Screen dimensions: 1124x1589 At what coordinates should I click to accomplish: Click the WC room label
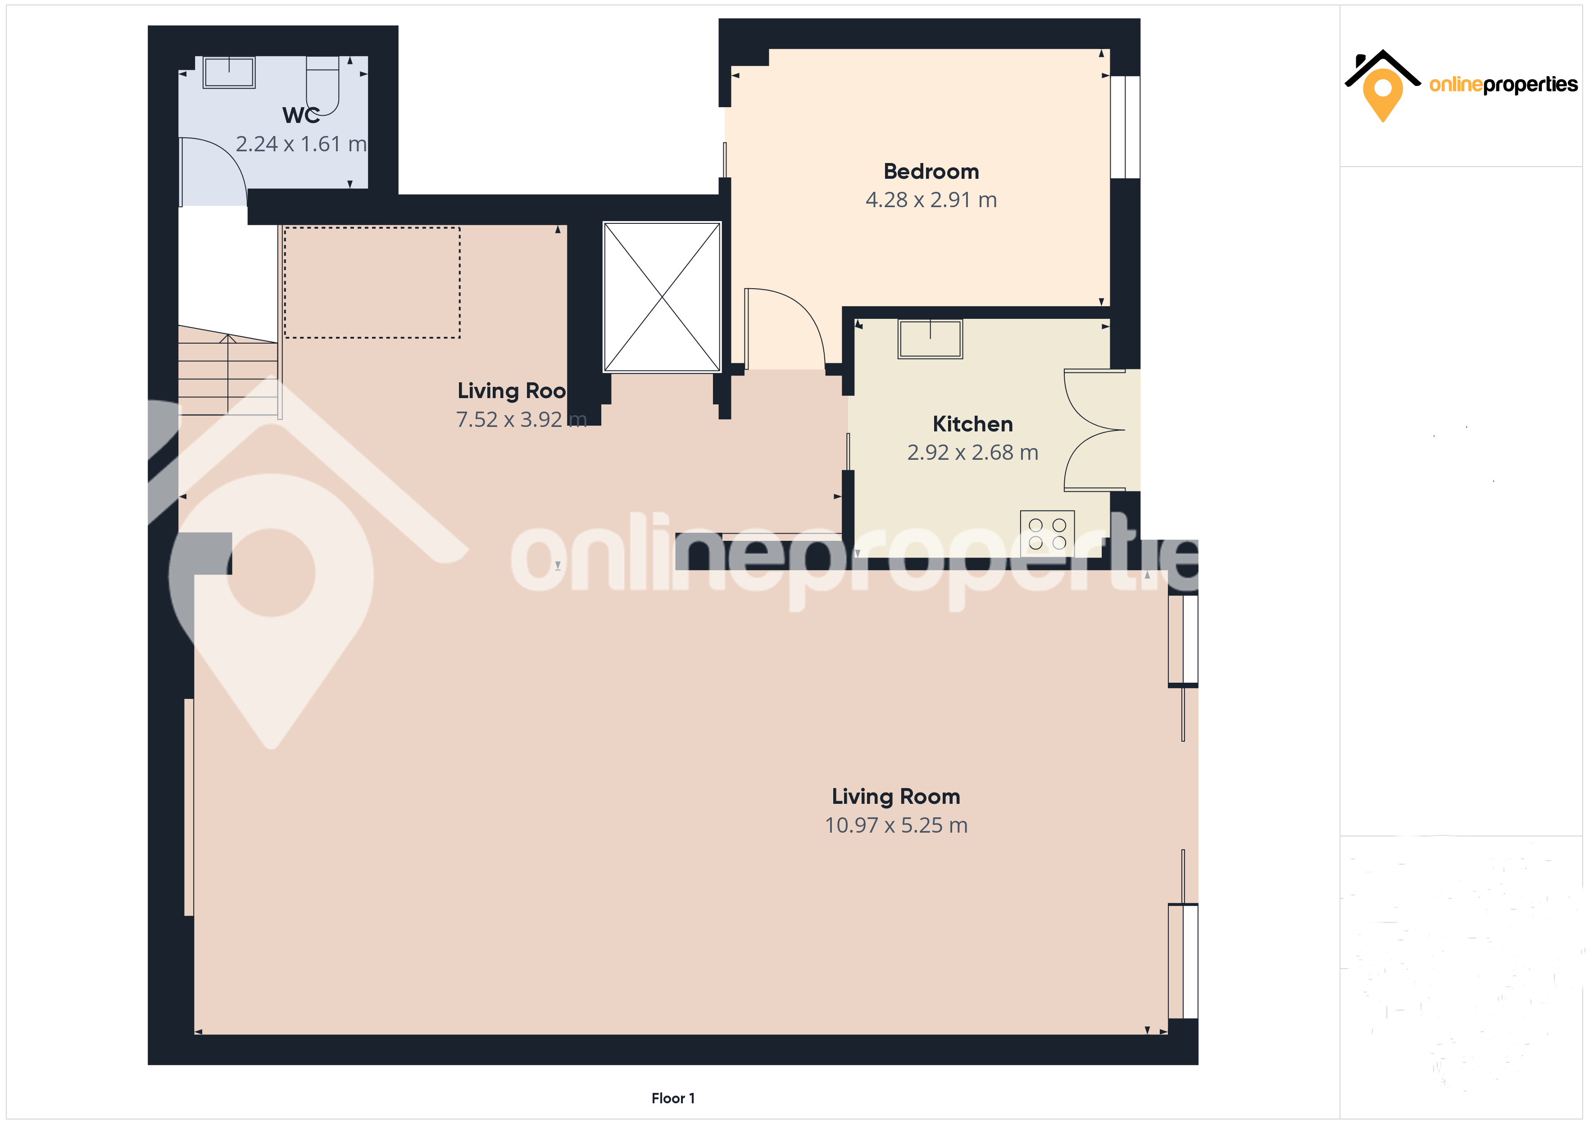point(301,115)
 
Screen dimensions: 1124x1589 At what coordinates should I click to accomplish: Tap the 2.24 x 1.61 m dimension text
point(301,144)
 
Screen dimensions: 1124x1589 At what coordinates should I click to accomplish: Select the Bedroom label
point(931,171)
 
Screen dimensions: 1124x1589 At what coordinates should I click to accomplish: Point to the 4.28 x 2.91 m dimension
point(931,200)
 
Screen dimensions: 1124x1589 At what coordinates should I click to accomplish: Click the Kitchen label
point(972,424)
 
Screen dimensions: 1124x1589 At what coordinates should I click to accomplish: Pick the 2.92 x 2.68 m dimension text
point(972,453)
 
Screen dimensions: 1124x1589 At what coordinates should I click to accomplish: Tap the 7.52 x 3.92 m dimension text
point(521,419)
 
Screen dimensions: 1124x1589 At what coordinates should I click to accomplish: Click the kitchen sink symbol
point(930,339)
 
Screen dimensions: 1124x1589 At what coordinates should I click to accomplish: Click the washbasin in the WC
point(229,72)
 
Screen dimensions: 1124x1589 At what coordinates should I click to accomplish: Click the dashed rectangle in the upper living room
point(372,282)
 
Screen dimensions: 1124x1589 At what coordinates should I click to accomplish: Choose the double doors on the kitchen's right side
point(1094,430)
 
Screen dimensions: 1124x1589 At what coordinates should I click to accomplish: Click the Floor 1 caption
point(673,1098)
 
